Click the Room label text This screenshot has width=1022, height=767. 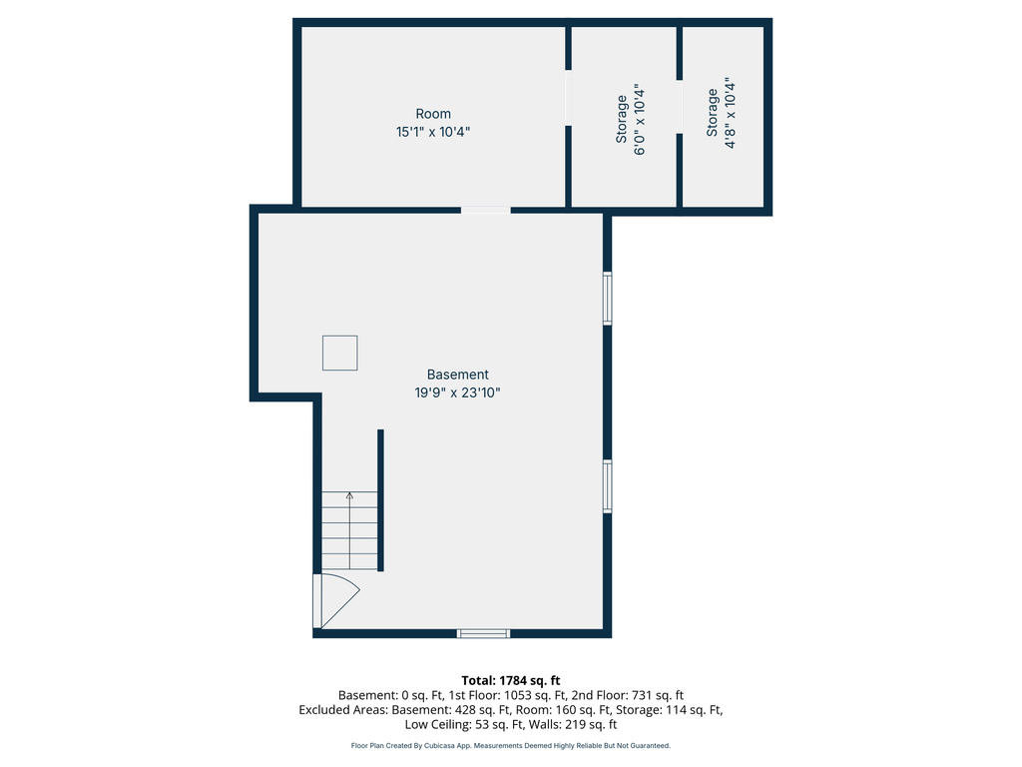click(x=433, y=114)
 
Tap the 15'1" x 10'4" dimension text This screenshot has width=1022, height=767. click(x=433, y=132)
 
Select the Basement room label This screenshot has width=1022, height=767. click(x=457, y=375)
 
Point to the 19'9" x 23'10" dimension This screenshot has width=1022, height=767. click(x=457, y=392)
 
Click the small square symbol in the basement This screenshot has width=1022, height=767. click(x=339, y=353)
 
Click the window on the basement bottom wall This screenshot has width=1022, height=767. click(x=483, y=633)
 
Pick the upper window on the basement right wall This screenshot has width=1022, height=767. click(x=607, y=298)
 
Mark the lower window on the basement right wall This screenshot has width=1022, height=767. click(x=607, y=486)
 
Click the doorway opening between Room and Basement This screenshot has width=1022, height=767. click(x=486, y=210)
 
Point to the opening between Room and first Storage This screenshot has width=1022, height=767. click(x=568, y=98)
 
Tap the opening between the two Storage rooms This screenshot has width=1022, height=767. click(x=679, y=107)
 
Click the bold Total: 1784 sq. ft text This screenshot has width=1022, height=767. click(x=511, y=681)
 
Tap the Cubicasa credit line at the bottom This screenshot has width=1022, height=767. click(x=511, y=745)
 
